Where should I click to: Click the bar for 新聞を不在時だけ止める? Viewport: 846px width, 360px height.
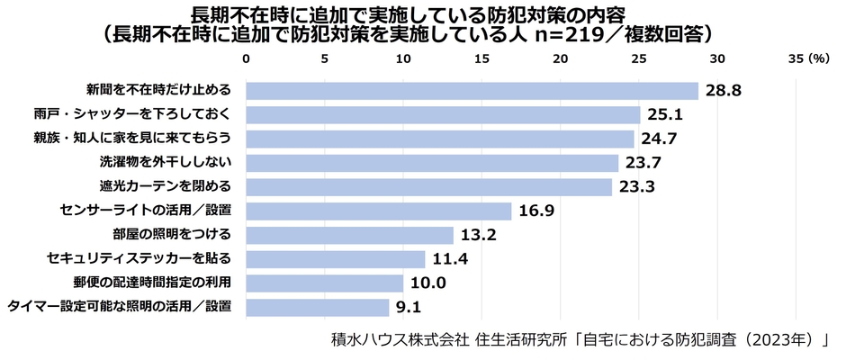pyautogui.click(x=472, y=91)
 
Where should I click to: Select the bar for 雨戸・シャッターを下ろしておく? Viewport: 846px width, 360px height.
pyautogui.click(x=443, y=115)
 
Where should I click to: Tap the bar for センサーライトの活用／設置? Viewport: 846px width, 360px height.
pyautogui.click(x=378, y=211)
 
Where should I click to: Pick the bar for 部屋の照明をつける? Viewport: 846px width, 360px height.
pyautogui.click(x=349, y=236)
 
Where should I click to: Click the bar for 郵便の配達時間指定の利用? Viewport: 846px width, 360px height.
pyautogui.click(x=324, y=283)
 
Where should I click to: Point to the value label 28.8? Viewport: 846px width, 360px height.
pyautogui.click(x=723, y=91)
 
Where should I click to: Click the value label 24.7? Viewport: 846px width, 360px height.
pyautogui.click(x=658, y=139)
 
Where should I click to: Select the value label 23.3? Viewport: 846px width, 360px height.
pyautogui.click(x=636, y=187)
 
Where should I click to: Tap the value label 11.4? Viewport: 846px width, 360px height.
pyautogui.click(x=448, y=260)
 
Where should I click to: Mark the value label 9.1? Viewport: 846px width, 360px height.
pyautogui.click(x=409, y=308)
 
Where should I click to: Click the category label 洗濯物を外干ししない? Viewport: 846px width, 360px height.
pyautogui.click(x=166, y=163)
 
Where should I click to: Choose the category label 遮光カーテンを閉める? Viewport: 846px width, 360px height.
pyautogui.click(x=166, y=187)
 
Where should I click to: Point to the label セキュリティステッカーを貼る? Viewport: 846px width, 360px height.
pyautogui.click(x=139, y=259)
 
